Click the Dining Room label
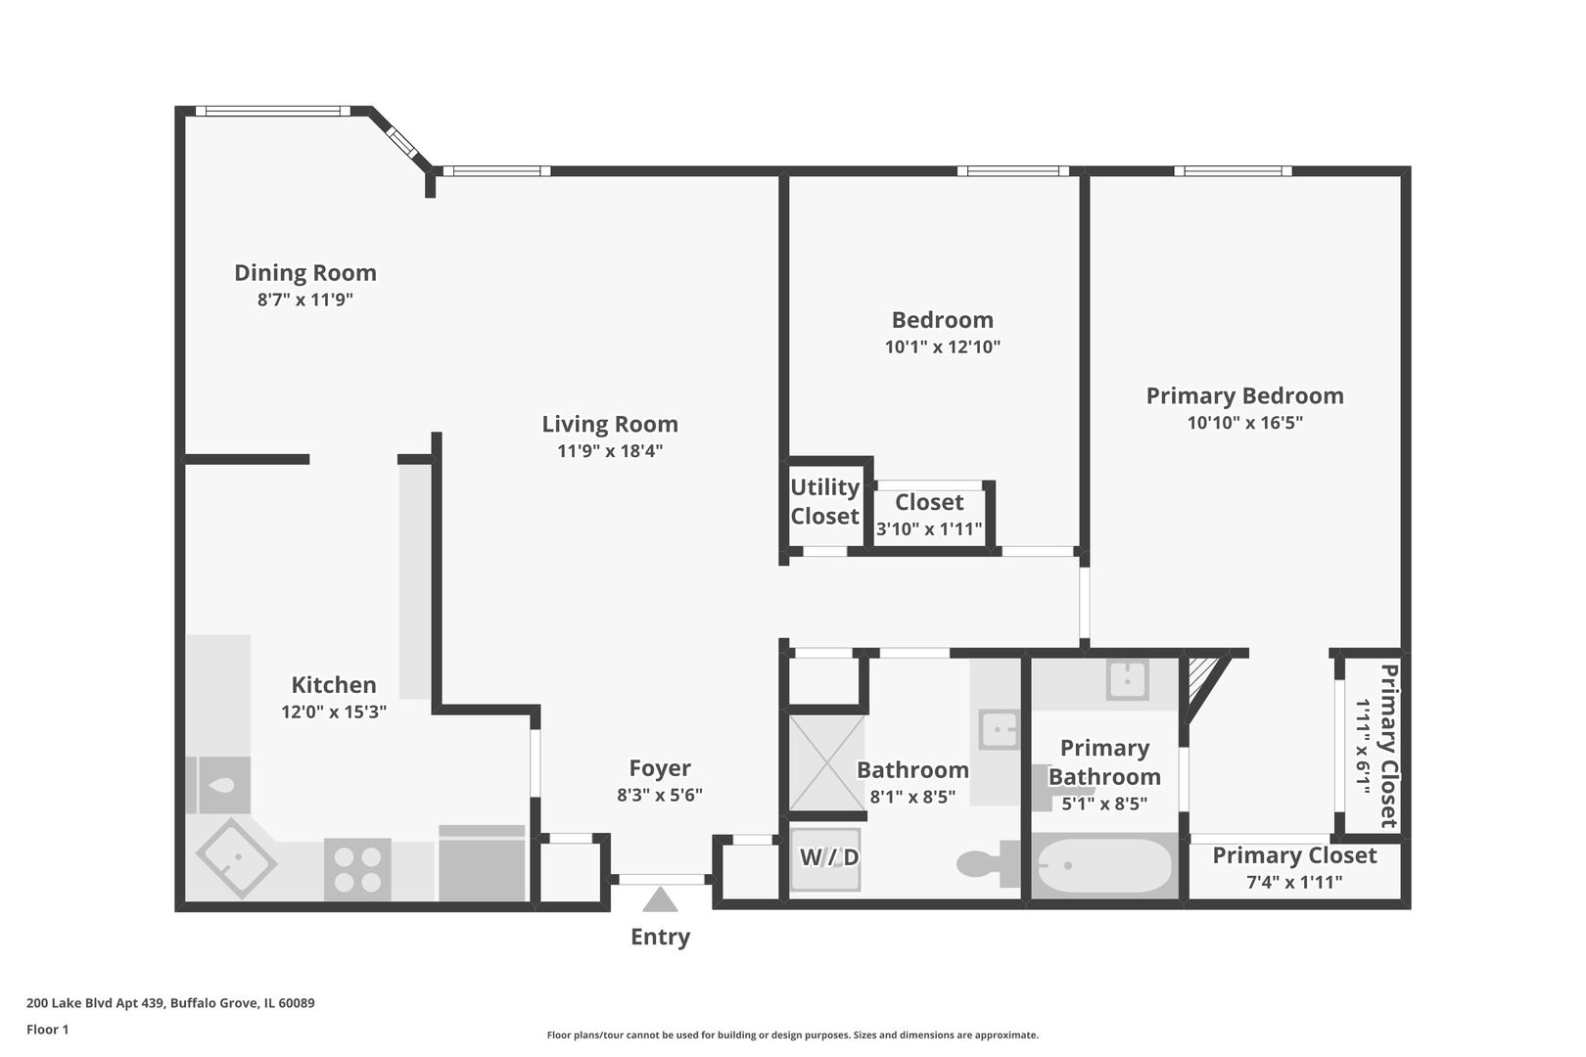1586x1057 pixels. [305, 272]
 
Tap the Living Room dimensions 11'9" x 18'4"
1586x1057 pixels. [610, 451]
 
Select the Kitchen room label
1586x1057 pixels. [334, 685]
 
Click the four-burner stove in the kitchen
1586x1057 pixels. [357, 869]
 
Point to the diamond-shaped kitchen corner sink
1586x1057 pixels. [236, 858]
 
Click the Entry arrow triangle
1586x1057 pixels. [660, 899]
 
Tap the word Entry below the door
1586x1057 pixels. [660, 937]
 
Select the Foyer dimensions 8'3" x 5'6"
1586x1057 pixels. [659, 795]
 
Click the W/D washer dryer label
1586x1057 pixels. [829, 857]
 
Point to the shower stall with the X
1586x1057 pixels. [826, 763]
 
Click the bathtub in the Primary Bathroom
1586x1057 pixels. [1103, 866]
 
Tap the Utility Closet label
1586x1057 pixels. [825, 501]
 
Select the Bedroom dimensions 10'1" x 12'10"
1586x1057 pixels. [943, 346]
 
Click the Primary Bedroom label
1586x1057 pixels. [1244, 395]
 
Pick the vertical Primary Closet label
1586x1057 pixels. [1388, 746]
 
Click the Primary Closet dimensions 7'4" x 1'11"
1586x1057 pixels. [1294, 882]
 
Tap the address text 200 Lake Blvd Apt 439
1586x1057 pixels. [96, 1002]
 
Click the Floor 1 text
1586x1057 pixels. [47, 1030]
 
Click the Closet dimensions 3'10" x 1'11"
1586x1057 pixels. [929, 528]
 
